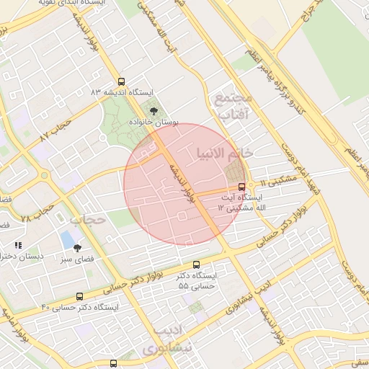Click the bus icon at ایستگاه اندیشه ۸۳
click(121, 81)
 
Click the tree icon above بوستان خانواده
click(153, 111)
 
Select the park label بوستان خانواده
click(153, 123)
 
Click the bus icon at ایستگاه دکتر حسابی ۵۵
click(197, 264)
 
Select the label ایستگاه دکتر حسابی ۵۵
click(197, 281)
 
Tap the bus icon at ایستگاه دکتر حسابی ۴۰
click(79, 296)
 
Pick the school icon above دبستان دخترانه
click(18, 246)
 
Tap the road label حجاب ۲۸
click(36, 213)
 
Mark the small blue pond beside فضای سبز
click(67, 239)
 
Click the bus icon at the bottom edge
click(113, 363)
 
